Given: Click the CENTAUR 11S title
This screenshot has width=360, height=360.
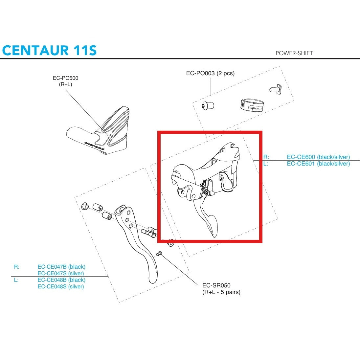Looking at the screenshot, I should [49, 50].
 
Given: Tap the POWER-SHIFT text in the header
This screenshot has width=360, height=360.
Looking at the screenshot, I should [294, 53].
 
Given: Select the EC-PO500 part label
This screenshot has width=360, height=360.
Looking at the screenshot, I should [65, 78].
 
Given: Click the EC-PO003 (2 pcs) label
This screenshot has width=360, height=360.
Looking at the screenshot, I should [210, 73].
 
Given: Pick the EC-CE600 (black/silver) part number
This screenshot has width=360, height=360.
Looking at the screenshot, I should [318, 157].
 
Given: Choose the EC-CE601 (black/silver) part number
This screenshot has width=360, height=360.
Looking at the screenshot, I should [318, 164].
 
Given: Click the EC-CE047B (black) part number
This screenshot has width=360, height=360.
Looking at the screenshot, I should [61, 267].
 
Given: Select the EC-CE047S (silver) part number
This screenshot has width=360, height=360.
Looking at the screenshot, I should [61, 273].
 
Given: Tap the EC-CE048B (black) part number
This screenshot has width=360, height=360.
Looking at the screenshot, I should [61, 280].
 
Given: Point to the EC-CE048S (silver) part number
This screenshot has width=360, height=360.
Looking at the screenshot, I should [61, 286].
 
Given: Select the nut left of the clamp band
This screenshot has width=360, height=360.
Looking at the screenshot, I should [208, 105].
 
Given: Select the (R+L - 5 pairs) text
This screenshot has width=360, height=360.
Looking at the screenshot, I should [221, 292].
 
